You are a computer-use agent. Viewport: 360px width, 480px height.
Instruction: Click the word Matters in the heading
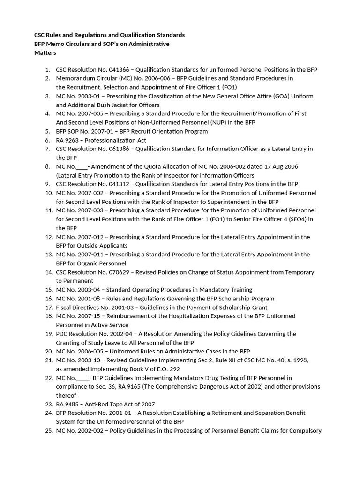[45, 52]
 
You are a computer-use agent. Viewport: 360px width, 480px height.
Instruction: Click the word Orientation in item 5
[150, 131]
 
